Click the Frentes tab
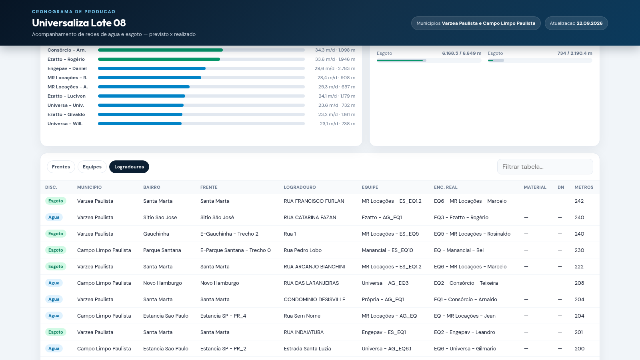tap(61, 167)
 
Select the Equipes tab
tap(92, 167)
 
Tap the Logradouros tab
tap(129, 167)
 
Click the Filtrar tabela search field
tap(545, 166)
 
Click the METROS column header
tap(584, 188)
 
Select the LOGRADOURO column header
tap(300, 188)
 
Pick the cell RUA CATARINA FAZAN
tap(310, 218)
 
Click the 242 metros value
tap(579, 201)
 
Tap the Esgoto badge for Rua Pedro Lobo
tap(56, 250)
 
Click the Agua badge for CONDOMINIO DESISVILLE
tap(54, 300)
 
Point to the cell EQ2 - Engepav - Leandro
tap(464, 332)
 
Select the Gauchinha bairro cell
tap(156, 234)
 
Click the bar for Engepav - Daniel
tap(152, 68)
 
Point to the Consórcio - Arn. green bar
tap(160, 50)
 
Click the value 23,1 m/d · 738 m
tap(338, 124)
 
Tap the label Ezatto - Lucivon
tap(66, 96)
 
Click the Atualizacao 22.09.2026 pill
tap(576, 23)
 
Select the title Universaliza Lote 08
tap(79, 23)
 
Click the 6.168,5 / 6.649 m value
tap(462, 53)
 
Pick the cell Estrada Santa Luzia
tap(307, 348)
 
